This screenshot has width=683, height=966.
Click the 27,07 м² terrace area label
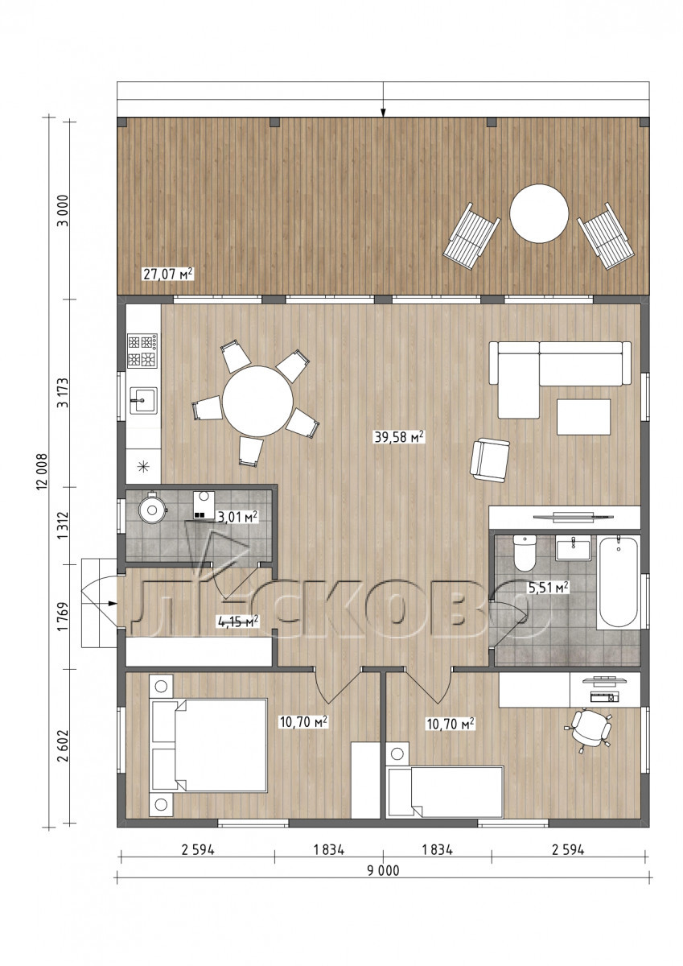167,274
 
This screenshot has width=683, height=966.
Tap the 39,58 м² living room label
400,437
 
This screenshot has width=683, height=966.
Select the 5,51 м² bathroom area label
548,587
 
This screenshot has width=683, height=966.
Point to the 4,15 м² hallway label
238,621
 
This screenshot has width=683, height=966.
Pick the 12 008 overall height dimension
42,472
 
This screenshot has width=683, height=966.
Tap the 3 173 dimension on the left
64,393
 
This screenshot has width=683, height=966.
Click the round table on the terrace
539,213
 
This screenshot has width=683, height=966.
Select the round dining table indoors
257,402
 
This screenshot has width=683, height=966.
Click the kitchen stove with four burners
142,351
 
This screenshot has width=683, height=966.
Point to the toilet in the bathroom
525,552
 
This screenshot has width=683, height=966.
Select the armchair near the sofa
490,460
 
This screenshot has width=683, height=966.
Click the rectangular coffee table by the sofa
583,417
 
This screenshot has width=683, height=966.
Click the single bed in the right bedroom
445,791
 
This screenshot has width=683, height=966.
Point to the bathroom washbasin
573,547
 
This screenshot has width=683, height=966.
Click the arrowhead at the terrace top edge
383,113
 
